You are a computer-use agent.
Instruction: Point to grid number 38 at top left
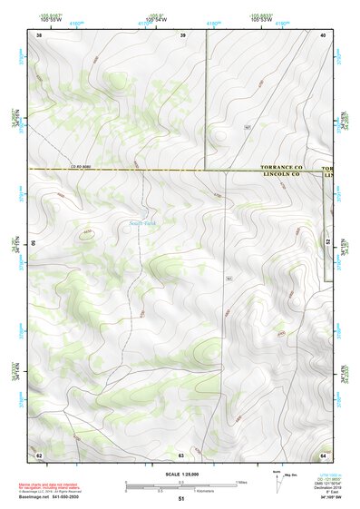[x=38, y=34]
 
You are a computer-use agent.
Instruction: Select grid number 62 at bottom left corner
[x=39, y=454]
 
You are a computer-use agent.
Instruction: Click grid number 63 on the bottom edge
[x=181, y=454]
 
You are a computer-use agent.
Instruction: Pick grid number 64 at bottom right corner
[x=323, y=454]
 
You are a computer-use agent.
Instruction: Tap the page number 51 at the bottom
[x=180, y=499]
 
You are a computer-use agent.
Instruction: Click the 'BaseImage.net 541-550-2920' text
[x=51, y=496]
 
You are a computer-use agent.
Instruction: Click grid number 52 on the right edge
[x=327, y=243]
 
